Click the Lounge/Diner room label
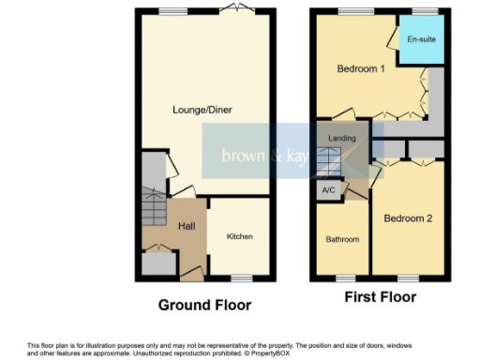[202, 110]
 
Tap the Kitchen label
[240, 236]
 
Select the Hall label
[186, 226]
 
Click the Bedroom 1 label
[360, 69]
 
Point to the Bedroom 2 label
[408, 218]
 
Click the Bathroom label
[342, 239]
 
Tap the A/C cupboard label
[328, 190]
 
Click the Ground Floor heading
[204, 305]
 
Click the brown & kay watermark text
[262, 156]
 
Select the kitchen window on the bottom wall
[241, 277]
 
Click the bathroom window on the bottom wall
[345, 277]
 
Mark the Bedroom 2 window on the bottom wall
[408, 277]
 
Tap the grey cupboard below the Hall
[157, 263]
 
